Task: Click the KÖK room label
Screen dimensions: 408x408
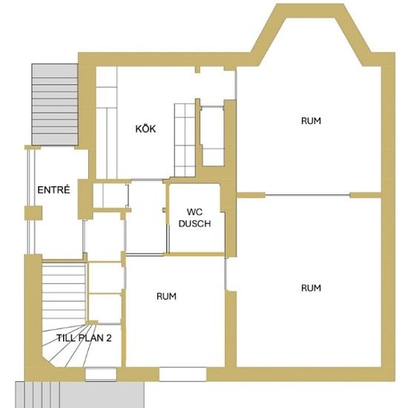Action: pyautogui.click(x=145, y=128)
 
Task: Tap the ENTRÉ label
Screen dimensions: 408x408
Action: pyautogui.click(x=54, y=190)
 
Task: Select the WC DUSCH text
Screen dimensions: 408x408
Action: pyautogui.click(x=194, y=218)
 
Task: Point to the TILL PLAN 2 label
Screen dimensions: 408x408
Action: pyautogui.click(x=85, y=338)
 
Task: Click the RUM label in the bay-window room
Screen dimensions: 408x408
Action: pyautogui.click(x=311, y=121)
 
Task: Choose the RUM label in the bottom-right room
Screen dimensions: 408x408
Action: pyautogui.click(x=311, y=288)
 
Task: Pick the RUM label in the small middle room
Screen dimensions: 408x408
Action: pyautogui.click(x=166, y=296)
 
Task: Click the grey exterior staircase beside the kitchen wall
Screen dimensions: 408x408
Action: pyautogui.click(x=55, y=105)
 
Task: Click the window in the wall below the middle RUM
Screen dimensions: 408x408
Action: pyautogui.click(x=182, y=374)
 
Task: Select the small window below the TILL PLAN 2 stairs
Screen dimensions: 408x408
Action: pyautogui.click(x=101, y=374)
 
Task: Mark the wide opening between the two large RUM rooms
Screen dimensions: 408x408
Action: pyautogui.click(x=307, y=194)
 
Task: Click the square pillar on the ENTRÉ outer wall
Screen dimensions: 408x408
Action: pyautogui.click(x=33, y=213)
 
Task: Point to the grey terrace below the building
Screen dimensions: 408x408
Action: pyautogui.click(x=79, y=395)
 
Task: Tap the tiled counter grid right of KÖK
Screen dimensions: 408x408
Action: pyautogui.click(x=185, y=140)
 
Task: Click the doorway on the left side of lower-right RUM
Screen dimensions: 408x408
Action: pyautogui.click(x=226, y=274)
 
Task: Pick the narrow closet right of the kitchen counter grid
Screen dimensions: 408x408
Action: pyautogui.click(x=213, y=136)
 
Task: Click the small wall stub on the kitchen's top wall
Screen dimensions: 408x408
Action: pyautogui.click(x=198, y=69)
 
